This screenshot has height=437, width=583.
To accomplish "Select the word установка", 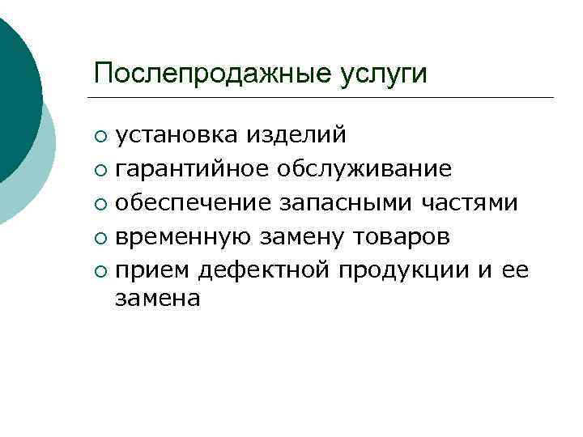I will [169, 134].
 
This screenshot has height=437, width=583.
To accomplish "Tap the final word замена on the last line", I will [157, 299].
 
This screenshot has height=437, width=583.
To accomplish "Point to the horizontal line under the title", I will [324, 98].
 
